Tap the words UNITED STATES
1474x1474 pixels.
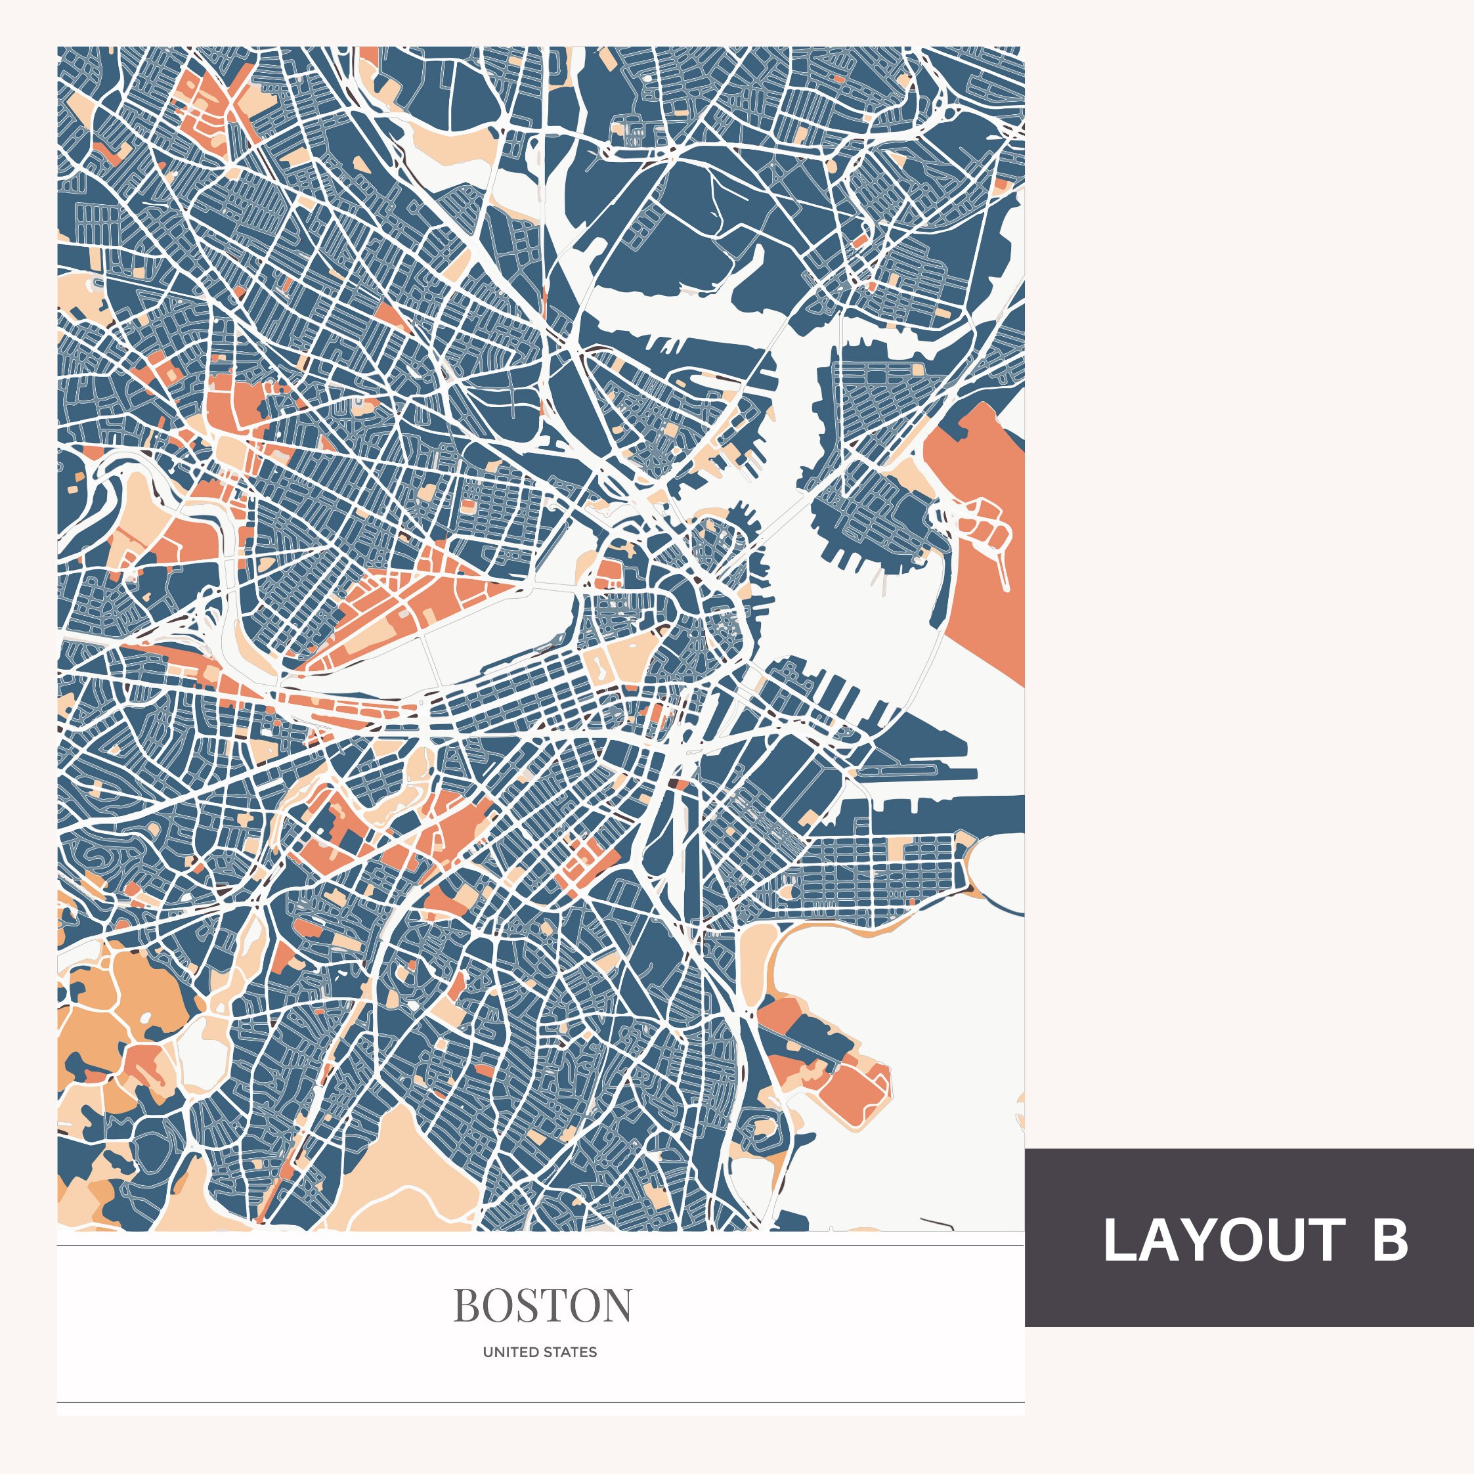coord(540,1352)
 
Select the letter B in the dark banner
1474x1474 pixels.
coord(1389,1240)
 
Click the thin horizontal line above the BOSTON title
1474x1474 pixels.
coord(540,1245)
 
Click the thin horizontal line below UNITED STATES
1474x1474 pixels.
coord(540,1402)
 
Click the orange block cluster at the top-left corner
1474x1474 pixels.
coord(210,107)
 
